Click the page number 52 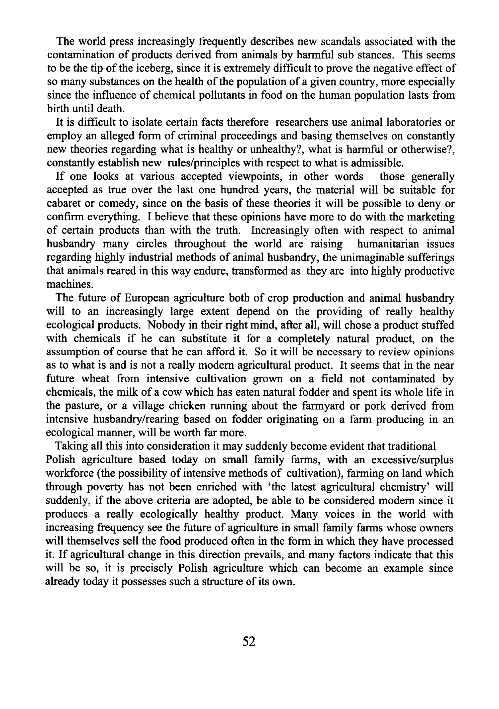click(x=249, y=641)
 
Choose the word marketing click(x=431, y=217)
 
